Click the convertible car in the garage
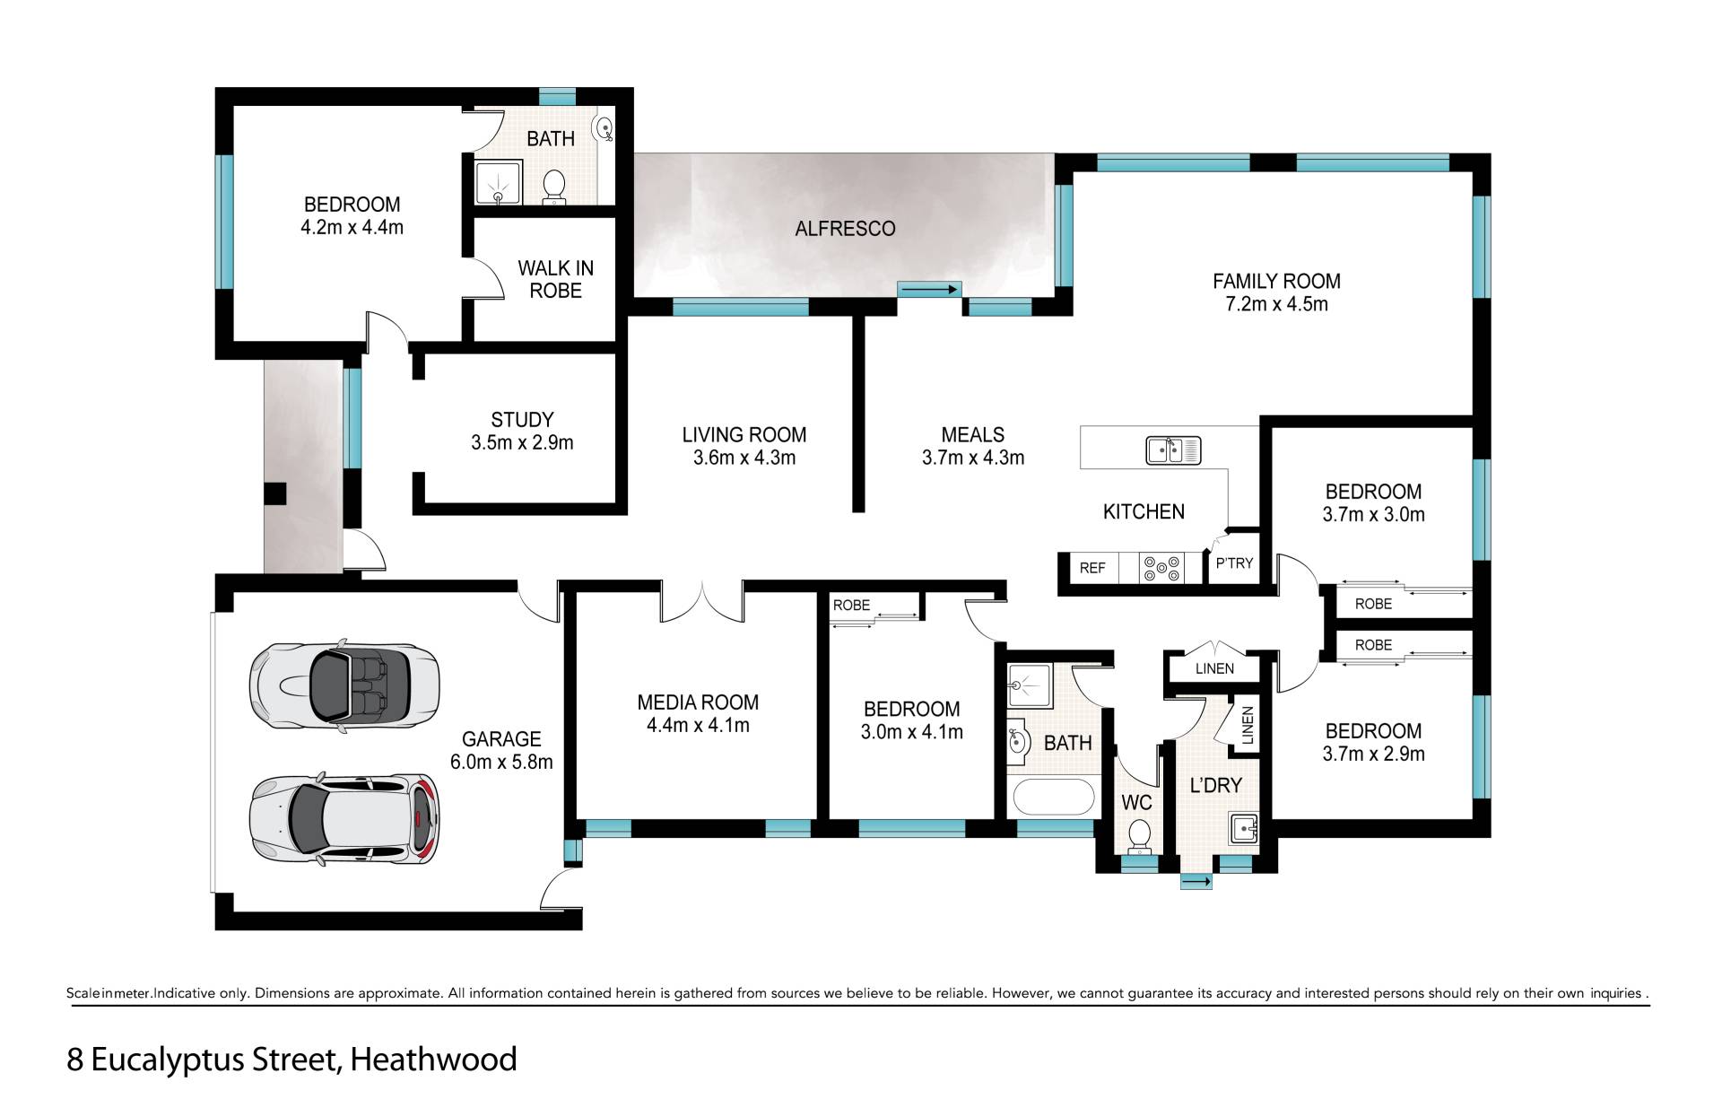coord(344,686)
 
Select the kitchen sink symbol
coord(1173,449)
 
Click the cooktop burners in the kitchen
coord(1161,567)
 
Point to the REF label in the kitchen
coord(1092,568)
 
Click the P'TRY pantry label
coord(1234,563)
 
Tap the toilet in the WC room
coord(1140,834)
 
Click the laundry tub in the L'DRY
coord(1245,827)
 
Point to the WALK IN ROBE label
coord(555,279)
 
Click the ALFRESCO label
coord(845,229)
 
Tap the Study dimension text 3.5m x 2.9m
coord(522,442)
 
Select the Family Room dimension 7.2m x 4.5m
coord(1276,304)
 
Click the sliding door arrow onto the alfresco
coord(929,290)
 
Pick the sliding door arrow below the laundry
coord(1196,883)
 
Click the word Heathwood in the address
coord(433,1060)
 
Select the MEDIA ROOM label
coord(698,702)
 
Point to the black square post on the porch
coord(274,494)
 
